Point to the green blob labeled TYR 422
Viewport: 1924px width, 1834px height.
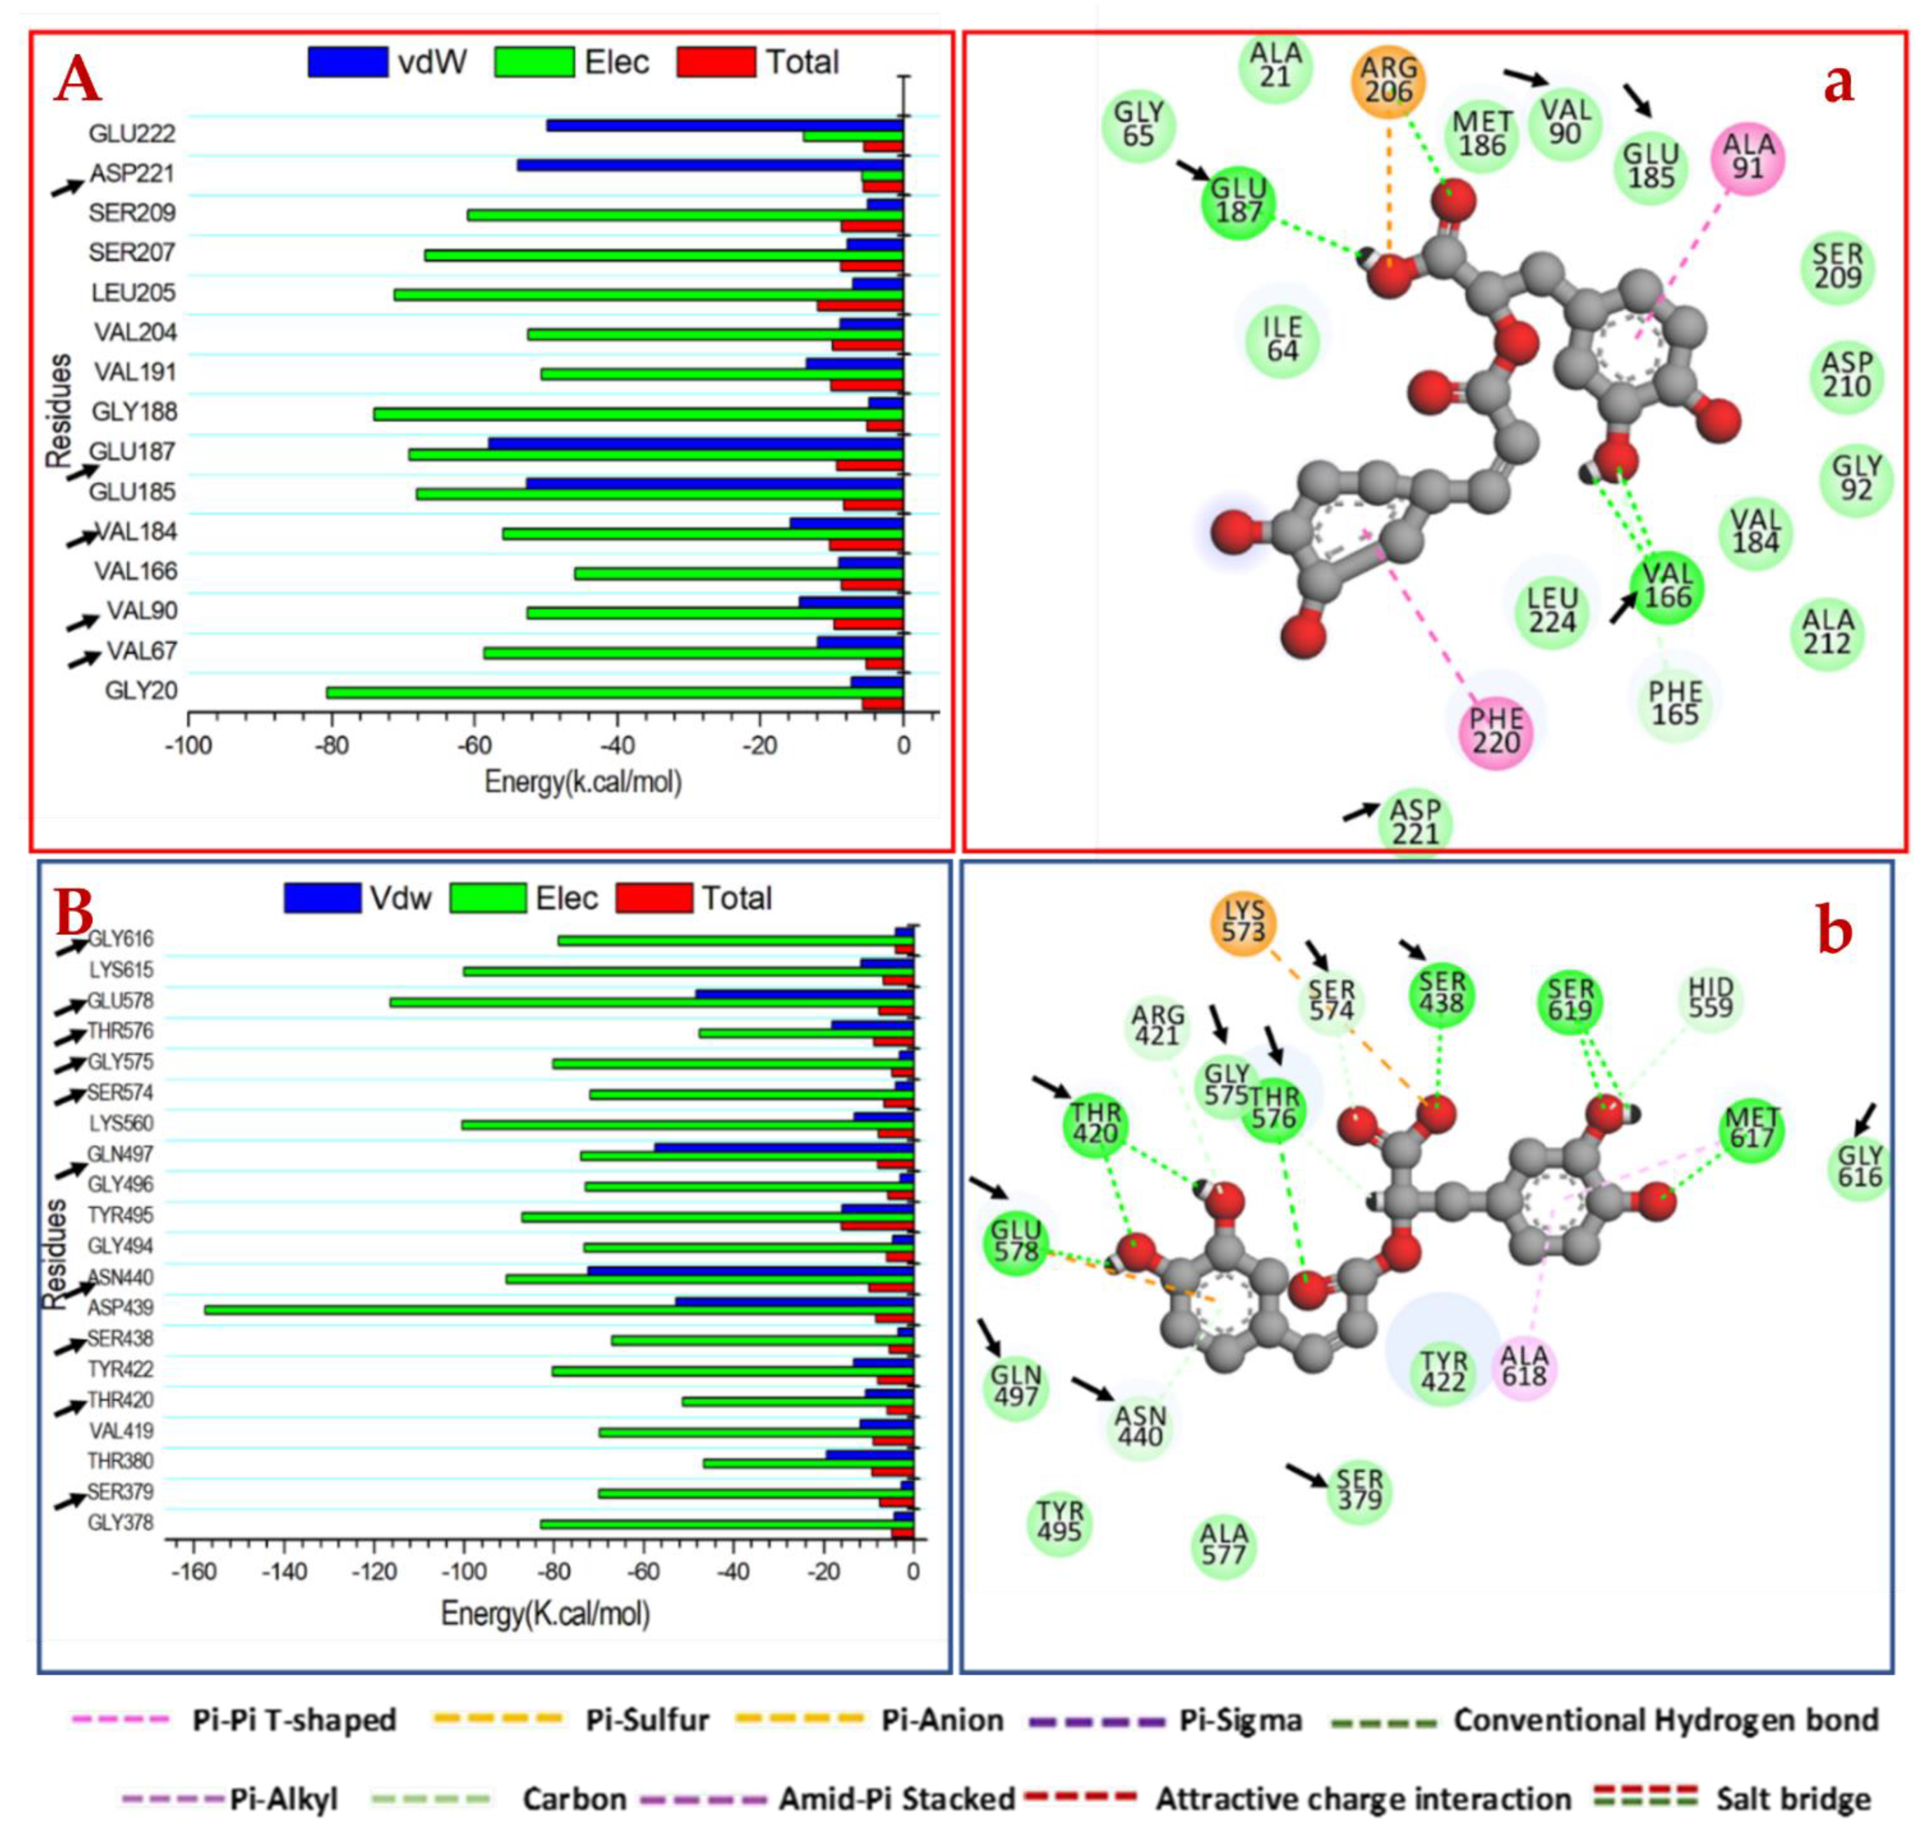click(x=1443, y=1371)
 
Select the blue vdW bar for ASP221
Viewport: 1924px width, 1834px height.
click(x=709, y=165)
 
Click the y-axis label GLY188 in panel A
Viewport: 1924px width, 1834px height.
click(x=135, y=411)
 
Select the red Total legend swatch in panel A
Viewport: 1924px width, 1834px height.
click(x=717, y=63)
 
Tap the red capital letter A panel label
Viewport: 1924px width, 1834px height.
click(x=78, y=80)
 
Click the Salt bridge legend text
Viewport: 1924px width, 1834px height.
click(x=1793, y=1799)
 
